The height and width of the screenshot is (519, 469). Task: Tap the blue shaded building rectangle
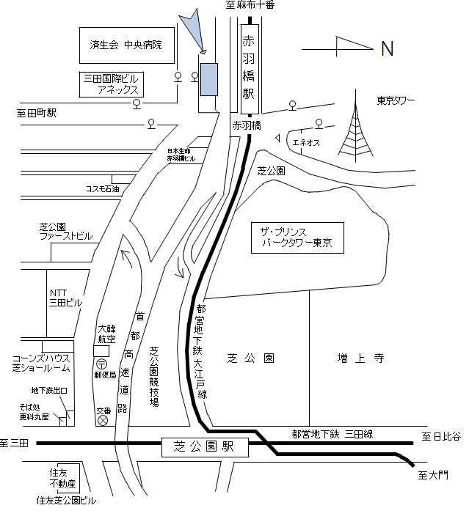[208, 79]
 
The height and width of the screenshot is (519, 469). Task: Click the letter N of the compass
[387, 49]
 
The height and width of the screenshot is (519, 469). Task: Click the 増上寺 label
[350, 358]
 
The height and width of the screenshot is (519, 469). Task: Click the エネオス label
[305, 143]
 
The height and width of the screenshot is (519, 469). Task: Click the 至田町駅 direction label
[37, 114]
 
